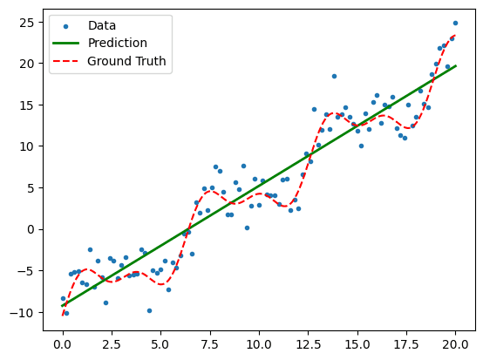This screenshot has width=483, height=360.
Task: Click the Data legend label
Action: [102, 26]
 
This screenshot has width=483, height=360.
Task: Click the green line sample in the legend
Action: [70, 44]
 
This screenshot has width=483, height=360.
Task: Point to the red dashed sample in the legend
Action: [70, 61]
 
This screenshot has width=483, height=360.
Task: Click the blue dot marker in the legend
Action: [70, 26]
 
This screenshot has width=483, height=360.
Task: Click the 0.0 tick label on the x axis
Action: [62, 343]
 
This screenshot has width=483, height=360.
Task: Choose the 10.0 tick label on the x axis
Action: [258, 343]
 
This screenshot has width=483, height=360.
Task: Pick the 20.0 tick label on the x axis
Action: [454, 343]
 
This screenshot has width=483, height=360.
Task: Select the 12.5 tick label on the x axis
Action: [307, 343]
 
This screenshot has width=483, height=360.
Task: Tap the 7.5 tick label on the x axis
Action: [209, 343]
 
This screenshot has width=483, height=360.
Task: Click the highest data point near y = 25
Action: [455, 23]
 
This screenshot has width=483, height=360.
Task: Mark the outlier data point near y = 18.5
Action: [334, 76]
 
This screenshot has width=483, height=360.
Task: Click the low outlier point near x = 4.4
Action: [149, 310]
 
